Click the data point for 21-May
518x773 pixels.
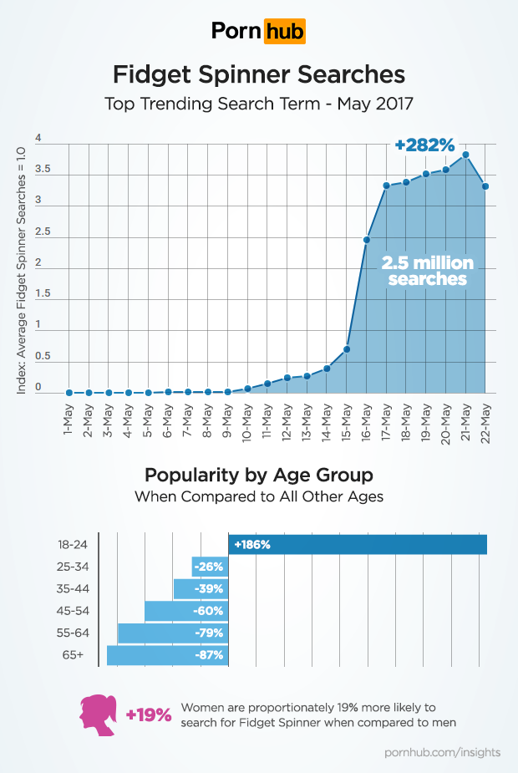pyautogui.click(x=465, y=155)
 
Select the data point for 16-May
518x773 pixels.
pyautogui.click(x=367, y=240)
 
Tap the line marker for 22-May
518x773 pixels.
pyautogui.click(x=485, y=186)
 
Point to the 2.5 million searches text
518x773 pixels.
pyautogui.click(x=427, y=271)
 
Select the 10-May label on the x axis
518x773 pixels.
pyautogui.click(x=248, y=421)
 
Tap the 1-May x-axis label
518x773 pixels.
pyautogui.click(x=68, y=421)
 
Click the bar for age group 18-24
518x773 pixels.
pyautogui.click(x=358, y=544)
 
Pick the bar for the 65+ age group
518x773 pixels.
pyautogui.click(x=167, y=655)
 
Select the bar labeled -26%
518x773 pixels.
pyautogui.click(x=210, y=567)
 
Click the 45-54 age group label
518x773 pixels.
pyautogui.click(x=72, y=611)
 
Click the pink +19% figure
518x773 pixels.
pyautogui.click(x=148, y=715)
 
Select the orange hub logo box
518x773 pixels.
pyautogui.click(x=284, y=32)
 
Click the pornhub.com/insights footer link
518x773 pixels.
pyautogui.click(x=442, y=752)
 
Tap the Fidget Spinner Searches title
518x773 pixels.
pyautogui.click(x=259, y=75)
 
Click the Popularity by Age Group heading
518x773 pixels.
pyautogui.click(x=259, y=475)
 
